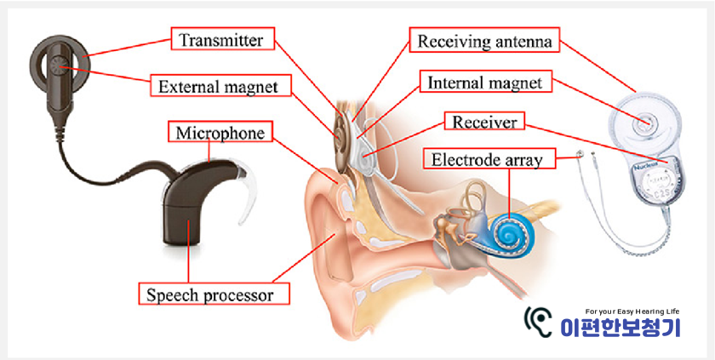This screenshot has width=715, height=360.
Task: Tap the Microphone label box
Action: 220,133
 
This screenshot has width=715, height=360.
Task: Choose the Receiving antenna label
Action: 485,40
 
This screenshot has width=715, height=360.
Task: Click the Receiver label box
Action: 485,122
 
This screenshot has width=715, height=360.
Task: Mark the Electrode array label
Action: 486,159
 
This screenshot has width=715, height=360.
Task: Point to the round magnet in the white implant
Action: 644,123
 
